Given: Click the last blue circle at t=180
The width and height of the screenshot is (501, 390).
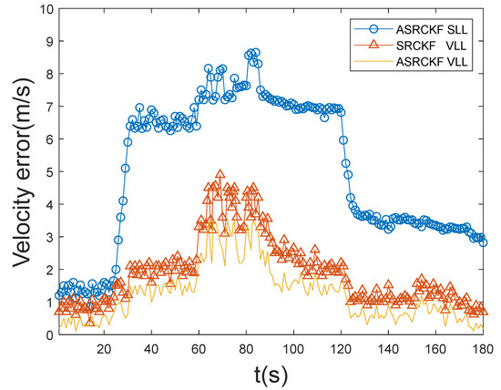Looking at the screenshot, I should coord(483,242).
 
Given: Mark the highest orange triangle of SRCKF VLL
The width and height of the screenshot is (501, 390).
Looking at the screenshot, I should coord(220,173).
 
